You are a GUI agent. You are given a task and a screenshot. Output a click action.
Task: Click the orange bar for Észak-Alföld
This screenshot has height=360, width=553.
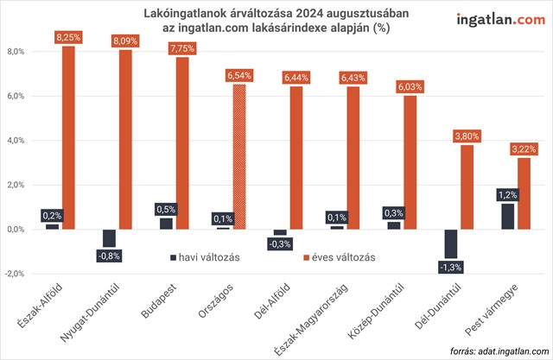point(70,138)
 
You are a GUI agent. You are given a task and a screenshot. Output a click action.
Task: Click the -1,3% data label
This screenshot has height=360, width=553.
point(451,268)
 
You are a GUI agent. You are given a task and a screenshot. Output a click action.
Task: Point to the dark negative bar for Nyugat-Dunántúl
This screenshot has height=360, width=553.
point(109,238)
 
